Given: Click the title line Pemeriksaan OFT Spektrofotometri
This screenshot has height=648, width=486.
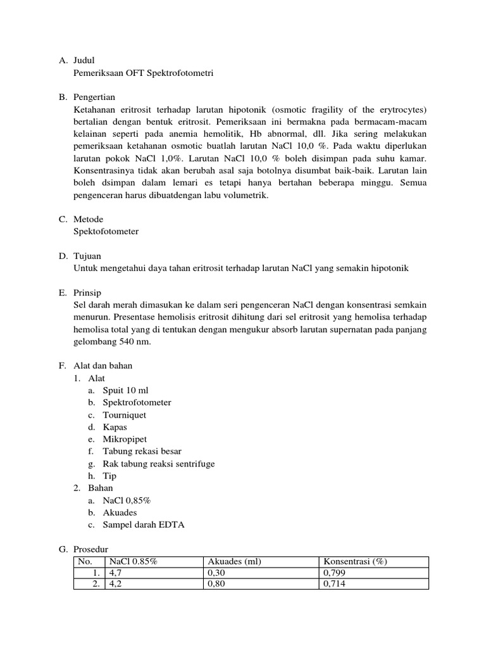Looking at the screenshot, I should click(144, 73).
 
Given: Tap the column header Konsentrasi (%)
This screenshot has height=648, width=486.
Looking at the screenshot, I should click(354, 561).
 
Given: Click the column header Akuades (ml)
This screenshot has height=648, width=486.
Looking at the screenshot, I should click(234, 561).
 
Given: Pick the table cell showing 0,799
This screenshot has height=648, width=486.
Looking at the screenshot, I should click(334, 573).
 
